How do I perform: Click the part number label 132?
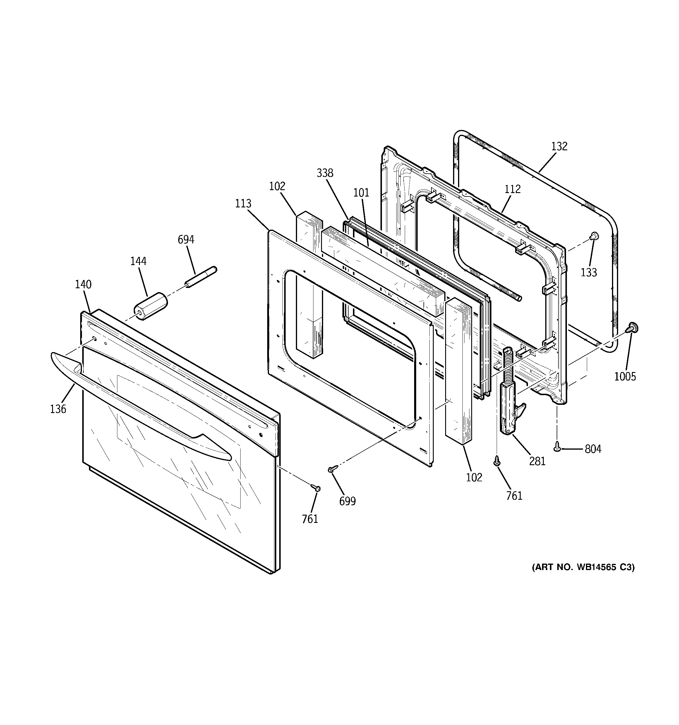[559, 146]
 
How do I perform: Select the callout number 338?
[325, 173]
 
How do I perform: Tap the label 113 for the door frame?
[243, 203]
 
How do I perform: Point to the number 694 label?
[186, 240]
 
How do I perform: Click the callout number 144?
[138, 261]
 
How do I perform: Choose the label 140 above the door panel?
[83, 284]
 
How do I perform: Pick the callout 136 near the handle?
[58, 409]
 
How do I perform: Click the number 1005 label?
[625, 376]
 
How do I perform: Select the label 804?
[593, 449]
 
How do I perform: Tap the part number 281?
[537, 461]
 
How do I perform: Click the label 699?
[347, 501]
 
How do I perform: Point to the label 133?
[589, 272]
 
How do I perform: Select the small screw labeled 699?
[332, 469]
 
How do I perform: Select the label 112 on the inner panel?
[512, 189]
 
